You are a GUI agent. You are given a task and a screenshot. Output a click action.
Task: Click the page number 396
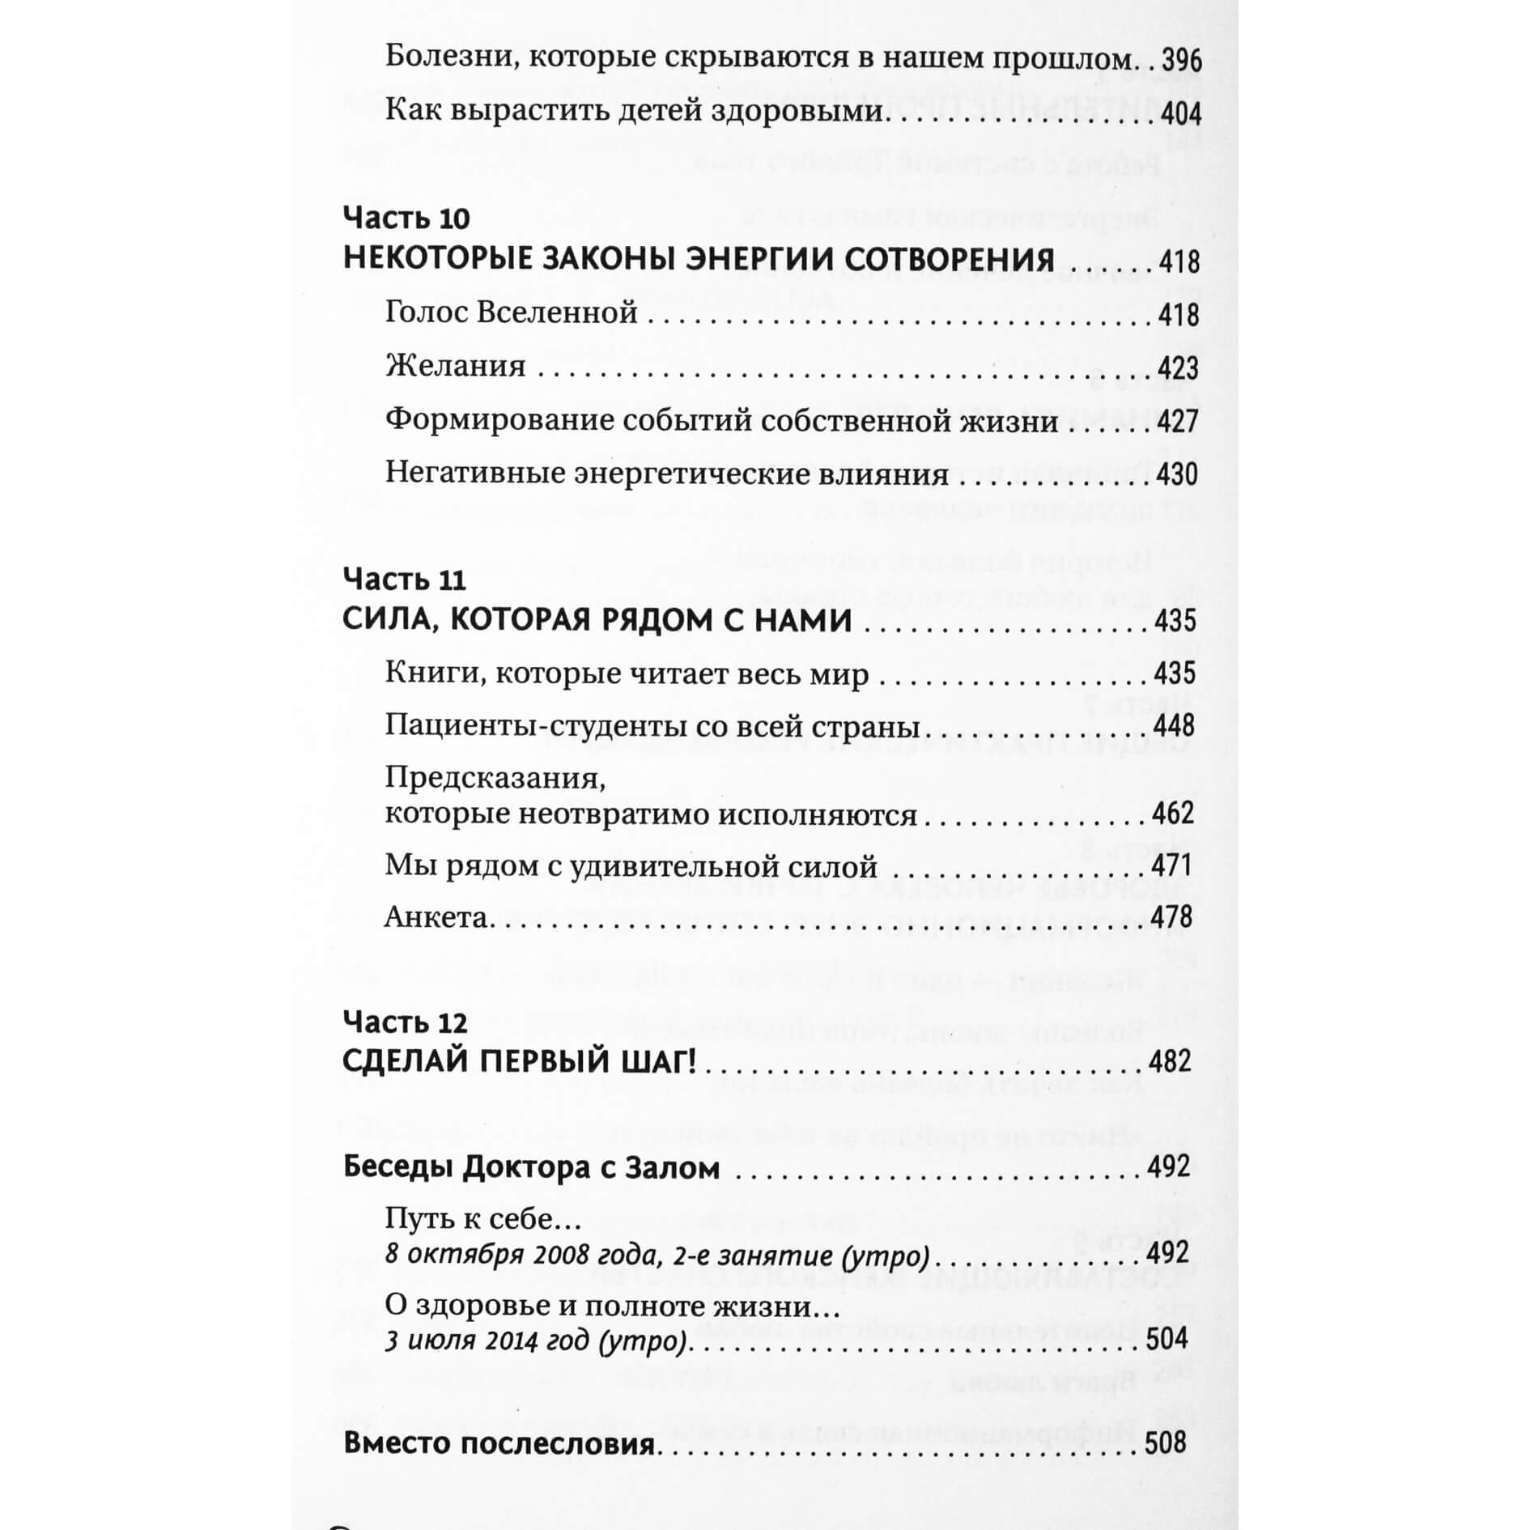pos(1181,61)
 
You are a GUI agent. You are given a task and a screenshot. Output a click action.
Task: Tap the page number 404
pos(1181,113)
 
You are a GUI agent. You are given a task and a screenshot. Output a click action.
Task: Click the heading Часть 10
pos(406,218)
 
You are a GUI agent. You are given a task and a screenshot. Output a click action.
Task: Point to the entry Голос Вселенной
pos(511,312)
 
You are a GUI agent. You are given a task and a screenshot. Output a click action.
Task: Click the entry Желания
pos(456,366)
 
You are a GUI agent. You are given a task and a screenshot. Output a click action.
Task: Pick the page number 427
pos(1177,421)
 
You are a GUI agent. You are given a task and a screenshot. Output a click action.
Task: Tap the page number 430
pos(1177,474)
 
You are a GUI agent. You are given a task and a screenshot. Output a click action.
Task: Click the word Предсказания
pos(495,778)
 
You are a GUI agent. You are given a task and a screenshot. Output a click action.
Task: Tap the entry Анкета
pos(437,917)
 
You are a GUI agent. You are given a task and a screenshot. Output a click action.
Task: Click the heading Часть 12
pos(406,1022)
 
